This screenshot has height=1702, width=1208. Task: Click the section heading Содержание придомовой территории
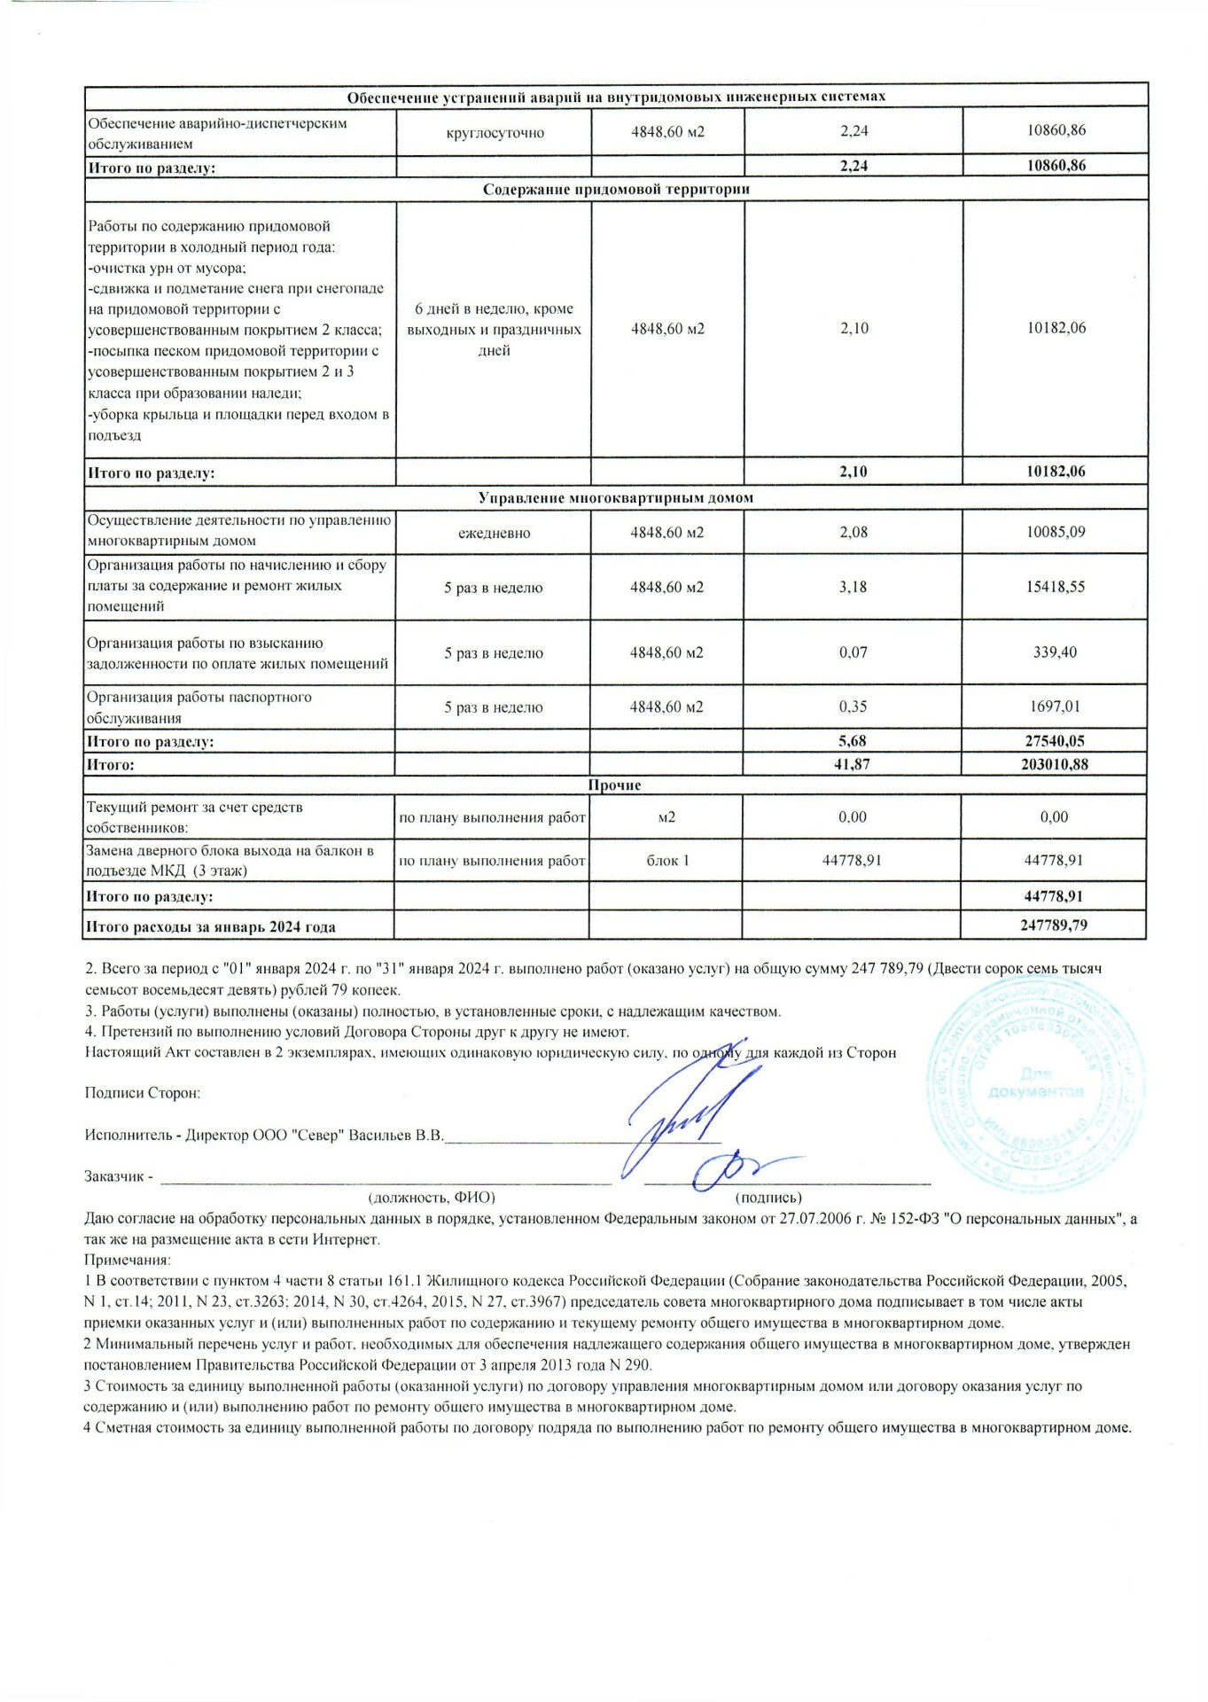coord(616,189)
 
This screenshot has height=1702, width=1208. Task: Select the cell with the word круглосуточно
coord(494,133)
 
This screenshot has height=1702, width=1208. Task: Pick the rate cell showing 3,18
coord(853,587)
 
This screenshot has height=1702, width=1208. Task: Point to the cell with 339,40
coord(1055,652)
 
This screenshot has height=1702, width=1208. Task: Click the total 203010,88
coord(1054,764)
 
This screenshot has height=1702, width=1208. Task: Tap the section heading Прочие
coord(614,785)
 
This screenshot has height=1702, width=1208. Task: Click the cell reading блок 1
coord(666,860)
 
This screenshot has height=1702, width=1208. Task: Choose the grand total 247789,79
coord(1054,925)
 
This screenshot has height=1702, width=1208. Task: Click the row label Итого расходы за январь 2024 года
coord(210,927)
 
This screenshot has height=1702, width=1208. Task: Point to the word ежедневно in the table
coord(494,534)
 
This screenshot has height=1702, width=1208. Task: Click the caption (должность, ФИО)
coord(432,1198)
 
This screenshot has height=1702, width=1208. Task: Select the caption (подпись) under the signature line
coord(768,1198)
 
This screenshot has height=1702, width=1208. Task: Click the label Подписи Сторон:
coord(142,1093)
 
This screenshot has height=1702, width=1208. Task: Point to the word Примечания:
coord(127,1260)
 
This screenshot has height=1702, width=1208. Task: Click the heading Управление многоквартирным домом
coord(616,498)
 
